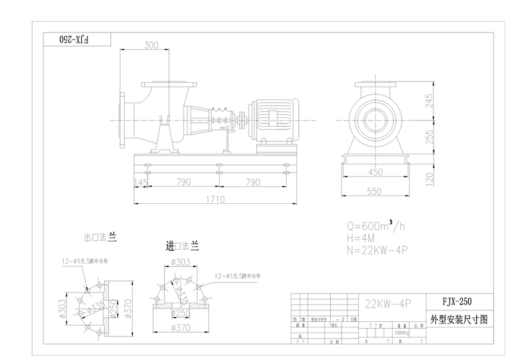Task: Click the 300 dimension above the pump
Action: [151, 45]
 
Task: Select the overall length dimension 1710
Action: [215, 199]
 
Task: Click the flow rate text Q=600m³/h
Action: [376, 226]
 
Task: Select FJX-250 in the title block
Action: [458, 301]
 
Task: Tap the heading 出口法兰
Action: [100, 237]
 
